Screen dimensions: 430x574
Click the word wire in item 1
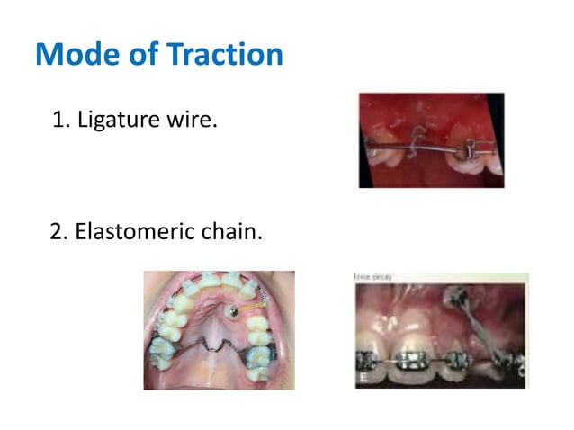point(193,120)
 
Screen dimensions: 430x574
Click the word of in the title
point(142,55)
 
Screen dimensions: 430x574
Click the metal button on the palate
point(232,311)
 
